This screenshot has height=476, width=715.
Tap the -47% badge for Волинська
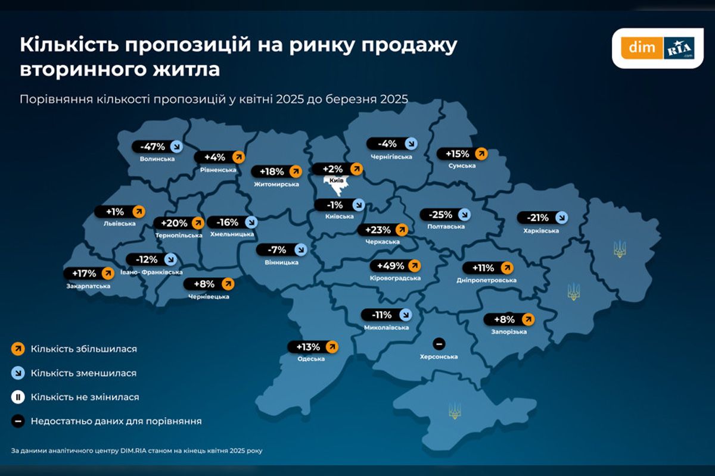click(x=158, y=147)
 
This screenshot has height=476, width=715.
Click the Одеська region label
click(x=311, y=359)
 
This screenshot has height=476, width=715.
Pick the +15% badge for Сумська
click(x=462, y=154)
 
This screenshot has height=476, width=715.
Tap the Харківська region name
click(x=541, y=230)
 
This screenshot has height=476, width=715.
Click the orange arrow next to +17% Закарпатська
click(x=107, y=274)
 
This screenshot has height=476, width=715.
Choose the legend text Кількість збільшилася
click(x=84, y=349)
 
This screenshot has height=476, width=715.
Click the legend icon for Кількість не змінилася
click(x=18, y=397)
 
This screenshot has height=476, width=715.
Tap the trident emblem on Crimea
click(x=454, y=410)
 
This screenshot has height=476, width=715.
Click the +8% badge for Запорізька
click(x=509, y=320)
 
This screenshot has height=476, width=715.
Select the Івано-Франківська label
click(x=151, y=272)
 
